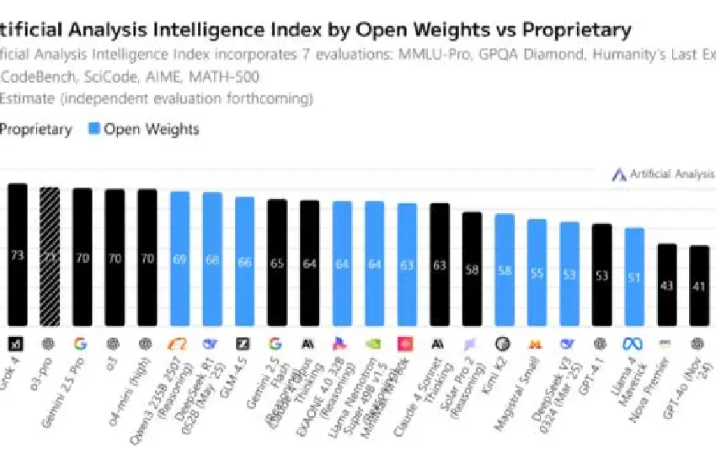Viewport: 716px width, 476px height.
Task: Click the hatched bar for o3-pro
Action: point(50,256)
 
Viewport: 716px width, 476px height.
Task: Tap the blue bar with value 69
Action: point(179,258)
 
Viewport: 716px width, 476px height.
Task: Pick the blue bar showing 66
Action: point(244,261)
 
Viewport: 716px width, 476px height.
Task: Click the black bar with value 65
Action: point(276,262)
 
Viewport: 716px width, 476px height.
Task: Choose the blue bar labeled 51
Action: point(633,275)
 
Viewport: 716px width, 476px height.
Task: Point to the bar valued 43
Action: point(666,284)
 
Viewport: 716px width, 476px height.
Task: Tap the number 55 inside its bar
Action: point(537,273)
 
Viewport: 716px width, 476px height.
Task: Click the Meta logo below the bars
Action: point(633,344)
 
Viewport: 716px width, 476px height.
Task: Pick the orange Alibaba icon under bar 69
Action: point(179,344)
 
